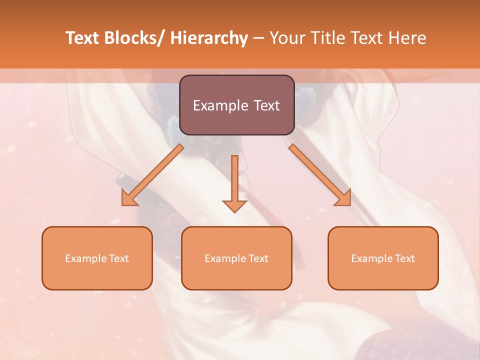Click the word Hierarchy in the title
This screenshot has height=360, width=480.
[x=209, y=38]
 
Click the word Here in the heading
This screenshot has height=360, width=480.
[x=407, y=38]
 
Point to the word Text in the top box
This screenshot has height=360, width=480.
[x=265, y=105]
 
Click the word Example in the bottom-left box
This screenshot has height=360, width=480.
[x=85, y=258]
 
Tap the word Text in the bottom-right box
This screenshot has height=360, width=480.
[x=404, y=258]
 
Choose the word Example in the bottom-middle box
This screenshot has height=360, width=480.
[x=225, y=258]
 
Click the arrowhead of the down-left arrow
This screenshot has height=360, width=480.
[x=129, y=198]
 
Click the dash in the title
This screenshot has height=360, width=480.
[x=258, y=38]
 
